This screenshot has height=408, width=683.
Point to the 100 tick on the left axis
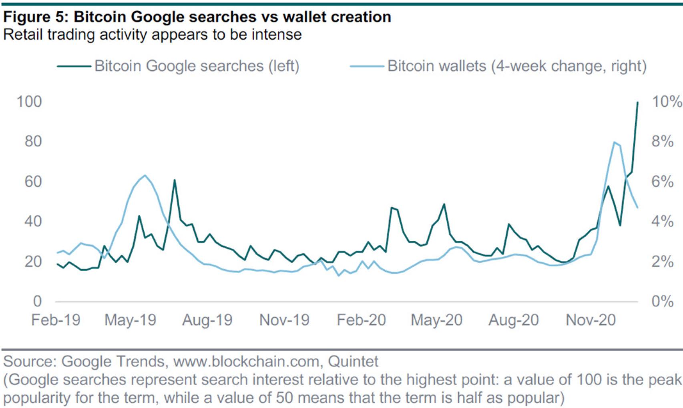[x=29, y=102]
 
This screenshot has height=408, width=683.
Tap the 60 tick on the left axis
[x=33, y=182]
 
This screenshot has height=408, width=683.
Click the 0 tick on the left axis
[x=37, y=301]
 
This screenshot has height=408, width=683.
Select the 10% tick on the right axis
[x=667, y=102]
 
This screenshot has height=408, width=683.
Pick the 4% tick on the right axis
[x=662, y=221]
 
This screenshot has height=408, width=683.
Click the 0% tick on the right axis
[x=662, y=301]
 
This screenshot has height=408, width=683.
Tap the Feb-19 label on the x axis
[x=56, y=320]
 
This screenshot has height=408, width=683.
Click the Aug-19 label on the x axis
[x=207, y=320]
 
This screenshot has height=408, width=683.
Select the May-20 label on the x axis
[x=436, y=320]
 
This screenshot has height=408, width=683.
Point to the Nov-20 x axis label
[x=591, y=320]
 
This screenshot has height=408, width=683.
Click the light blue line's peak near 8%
[x=614, y=142]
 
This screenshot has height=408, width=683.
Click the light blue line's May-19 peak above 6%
[x=145, y=175]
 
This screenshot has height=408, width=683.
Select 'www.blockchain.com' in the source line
[x=246, y=361]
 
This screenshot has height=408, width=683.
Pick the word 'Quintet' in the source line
[x=353, y=361]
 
